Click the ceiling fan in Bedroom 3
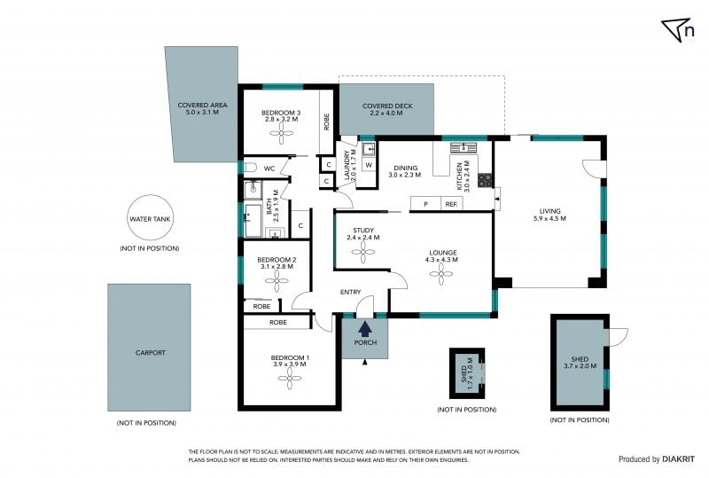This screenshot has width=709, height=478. (281, 134)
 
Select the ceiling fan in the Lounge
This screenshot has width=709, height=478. (440, 273)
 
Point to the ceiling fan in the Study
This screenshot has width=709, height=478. (363, 252)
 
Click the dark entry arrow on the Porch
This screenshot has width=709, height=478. (365, 328)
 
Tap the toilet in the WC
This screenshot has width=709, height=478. (250, 168)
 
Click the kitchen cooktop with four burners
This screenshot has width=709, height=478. (484, 180)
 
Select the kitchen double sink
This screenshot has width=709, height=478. (464, 147)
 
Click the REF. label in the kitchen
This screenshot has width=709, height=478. (451, 204)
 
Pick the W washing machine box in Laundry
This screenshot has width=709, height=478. (369, 165)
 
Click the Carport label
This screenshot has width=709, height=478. (151, 353)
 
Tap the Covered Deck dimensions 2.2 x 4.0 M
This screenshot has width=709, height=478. (386, 114)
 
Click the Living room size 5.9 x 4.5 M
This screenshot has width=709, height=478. (549, 218)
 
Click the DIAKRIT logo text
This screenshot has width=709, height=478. (679, 459)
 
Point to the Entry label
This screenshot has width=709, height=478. (350, 292)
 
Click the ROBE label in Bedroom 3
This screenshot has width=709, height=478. (326, 121)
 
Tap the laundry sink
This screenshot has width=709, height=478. (369, 149)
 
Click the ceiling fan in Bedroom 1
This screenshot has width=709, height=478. (289, 378)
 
